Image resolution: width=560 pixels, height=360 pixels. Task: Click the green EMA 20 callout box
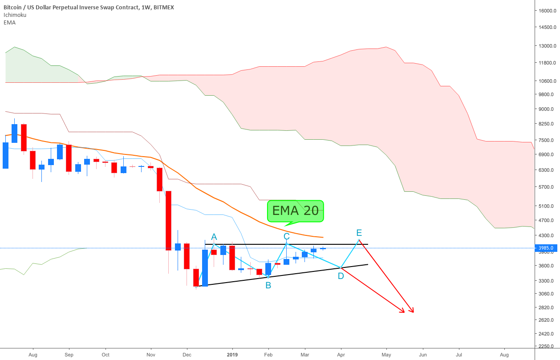click(x=295, y=211)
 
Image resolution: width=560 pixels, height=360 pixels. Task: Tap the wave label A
click(x=214, y=236)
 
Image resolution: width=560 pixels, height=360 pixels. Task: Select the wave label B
click(x=268, y=285)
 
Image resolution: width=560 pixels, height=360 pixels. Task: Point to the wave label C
click(x=287, y=236)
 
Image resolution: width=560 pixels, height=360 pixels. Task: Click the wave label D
click(x=341, y=276)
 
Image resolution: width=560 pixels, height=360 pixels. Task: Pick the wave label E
click(x=359, y=233)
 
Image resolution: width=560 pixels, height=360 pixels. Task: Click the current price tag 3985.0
click(x=545, y=248)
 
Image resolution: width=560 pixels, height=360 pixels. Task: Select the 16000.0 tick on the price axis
click(x=546, y=11)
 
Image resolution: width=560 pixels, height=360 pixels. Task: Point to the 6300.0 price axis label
click(x=546, y=170)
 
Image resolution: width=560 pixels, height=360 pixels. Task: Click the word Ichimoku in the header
click(x=15, y=15)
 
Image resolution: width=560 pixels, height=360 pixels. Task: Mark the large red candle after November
click(x=169, y=220)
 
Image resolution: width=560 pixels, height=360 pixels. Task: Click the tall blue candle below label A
click(x=205, y=268)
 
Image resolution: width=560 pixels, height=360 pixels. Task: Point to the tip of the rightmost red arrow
click(x=414, y=312)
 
